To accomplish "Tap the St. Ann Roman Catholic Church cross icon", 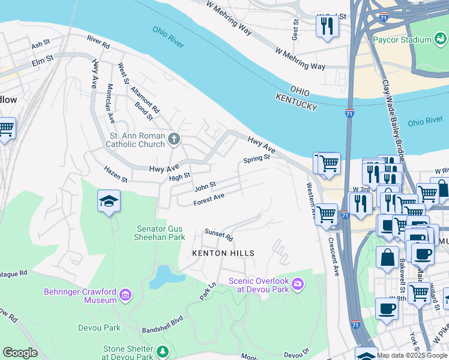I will point(174,140).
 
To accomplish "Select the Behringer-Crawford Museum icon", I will point(125,294).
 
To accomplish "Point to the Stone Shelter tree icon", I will point(161,352).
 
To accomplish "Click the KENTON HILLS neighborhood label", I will point(223,253).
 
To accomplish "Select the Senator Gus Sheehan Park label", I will point(160,233).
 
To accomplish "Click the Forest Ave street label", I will point(208,200).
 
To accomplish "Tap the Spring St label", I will point(257,160).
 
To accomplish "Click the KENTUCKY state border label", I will point(296,101).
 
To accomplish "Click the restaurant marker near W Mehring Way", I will point(327,27).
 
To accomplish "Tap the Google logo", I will point(20,352).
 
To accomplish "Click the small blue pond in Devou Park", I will point(160,277).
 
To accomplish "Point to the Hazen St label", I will point(116,175).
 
